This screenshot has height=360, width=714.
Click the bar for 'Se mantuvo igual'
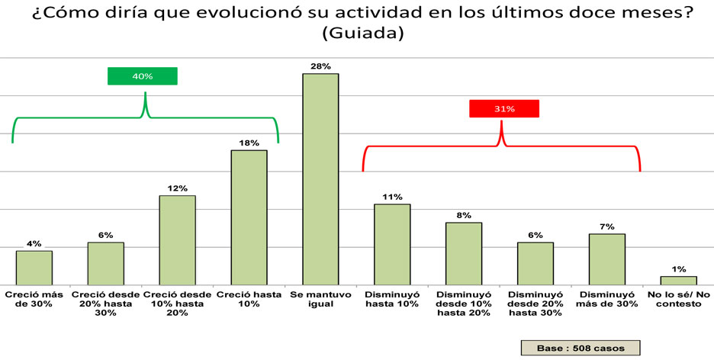(320, 178)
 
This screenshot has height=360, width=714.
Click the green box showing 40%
(143, 76)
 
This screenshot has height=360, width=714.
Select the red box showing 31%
(503, 109)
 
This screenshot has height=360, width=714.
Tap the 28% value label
(320, 66)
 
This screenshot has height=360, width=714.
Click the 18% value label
(249, 143)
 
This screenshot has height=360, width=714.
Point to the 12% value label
(177, 188)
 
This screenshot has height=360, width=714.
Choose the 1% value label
(679, 269)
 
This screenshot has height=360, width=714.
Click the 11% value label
(392, 197)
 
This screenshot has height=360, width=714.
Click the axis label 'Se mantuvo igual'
(320, 299)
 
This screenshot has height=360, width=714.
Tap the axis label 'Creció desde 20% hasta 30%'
(105, 304)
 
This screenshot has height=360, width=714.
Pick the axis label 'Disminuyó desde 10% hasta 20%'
(464, 304)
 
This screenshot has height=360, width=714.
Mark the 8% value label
(464, 215)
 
